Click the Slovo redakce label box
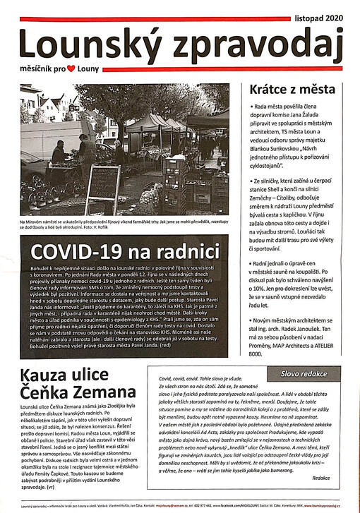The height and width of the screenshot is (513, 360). coord(304,372)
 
